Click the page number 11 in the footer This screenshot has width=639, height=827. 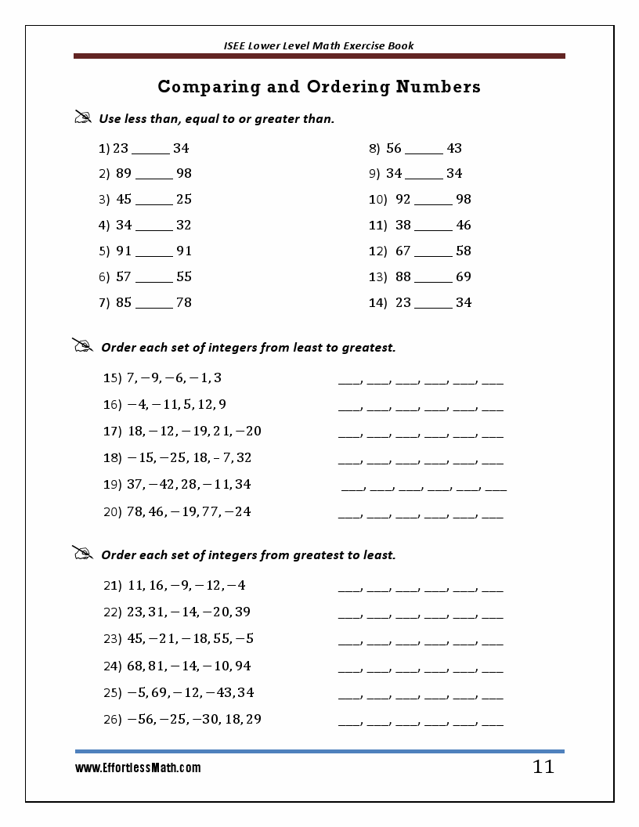coord(543,767)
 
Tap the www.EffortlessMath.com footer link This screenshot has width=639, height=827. coord(138,768)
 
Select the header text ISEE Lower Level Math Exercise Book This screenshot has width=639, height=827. coord(319,45)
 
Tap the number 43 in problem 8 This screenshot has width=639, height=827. coord(454,148)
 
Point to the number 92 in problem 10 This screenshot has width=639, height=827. coord(403,199)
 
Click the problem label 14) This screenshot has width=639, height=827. coord(378,302)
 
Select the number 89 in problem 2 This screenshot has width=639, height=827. coord(124,173)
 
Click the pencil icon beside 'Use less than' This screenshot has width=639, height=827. coord(83,117)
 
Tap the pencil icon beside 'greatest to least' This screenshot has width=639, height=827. coord(83,553)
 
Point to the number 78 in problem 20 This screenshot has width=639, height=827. coord(134,511)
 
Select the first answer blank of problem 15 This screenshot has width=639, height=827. coord(348,382)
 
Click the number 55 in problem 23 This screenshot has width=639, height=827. coord(222,638)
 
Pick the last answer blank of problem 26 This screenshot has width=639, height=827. coord(493,723)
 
